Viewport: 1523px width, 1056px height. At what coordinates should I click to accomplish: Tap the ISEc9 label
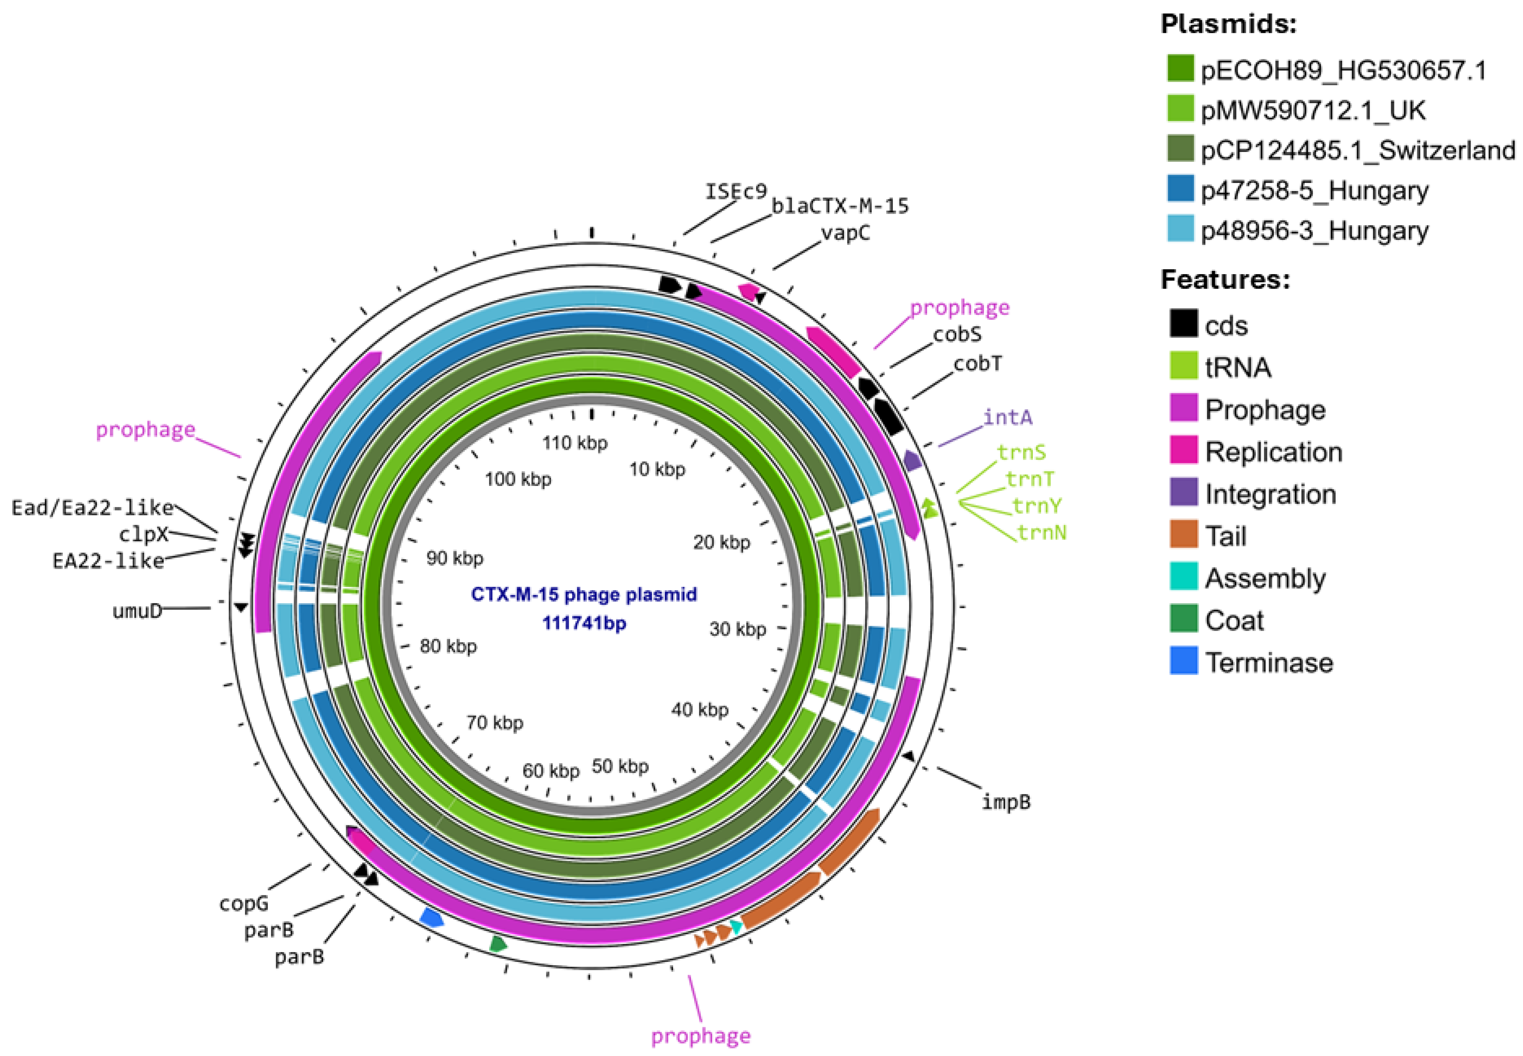(x=736, y=192)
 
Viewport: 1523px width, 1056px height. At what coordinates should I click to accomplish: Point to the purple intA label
(x=1007, y=417)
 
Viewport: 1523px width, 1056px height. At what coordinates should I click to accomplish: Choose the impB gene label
(x=1005, y=802)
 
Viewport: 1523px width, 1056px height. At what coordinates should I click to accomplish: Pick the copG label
(x=244, y=903)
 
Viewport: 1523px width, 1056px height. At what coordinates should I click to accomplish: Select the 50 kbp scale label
(x=620, y=766)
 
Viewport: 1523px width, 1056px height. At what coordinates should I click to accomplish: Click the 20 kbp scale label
(x=721, y=542)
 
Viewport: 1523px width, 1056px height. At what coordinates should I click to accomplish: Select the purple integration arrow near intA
(x=912, y=460)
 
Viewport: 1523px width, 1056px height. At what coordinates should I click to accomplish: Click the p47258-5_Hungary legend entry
(x=1314, y=191)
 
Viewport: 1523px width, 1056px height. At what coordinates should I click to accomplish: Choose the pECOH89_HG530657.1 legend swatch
(x=1180, y=69)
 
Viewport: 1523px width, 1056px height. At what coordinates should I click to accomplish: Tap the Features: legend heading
(x=1225, y=280)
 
